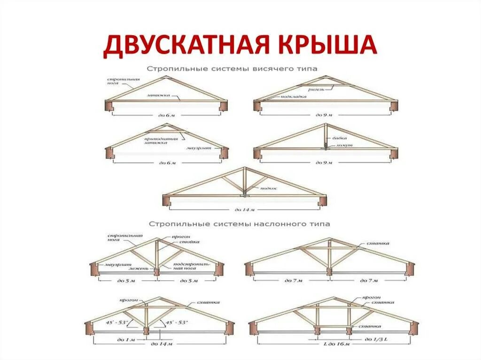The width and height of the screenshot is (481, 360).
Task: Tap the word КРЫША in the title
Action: [329, 45]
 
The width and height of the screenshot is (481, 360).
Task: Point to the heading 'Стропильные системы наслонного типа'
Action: [240, 224]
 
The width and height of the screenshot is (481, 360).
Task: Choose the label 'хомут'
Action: [341, 146]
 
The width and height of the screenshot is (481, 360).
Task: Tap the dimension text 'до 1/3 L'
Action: [375, 338]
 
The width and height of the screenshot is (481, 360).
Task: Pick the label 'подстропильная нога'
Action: [189, 266]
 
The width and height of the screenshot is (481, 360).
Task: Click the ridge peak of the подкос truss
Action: [244, 168]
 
